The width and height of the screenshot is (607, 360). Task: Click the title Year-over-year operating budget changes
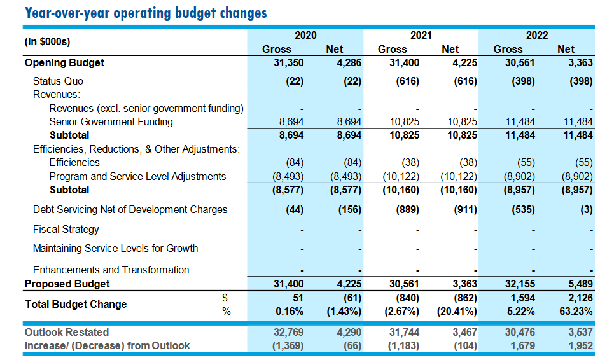pos(145,13)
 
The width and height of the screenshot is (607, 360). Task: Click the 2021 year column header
pos(421,36)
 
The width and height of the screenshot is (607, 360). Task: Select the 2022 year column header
pos(536,36)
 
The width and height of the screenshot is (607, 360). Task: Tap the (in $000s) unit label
pos(47,42)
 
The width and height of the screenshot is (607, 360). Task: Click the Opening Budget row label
pos(64,62)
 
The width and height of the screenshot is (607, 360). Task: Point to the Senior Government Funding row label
pos(111,121)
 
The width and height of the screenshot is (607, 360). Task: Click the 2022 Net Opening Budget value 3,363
pos(579,62)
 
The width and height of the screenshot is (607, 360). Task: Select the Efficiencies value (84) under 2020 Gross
pos(293,162)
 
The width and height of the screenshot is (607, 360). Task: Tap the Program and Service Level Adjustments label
pos(137,176)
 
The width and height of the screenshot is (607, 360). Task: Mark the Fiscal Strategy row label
pos(66,229)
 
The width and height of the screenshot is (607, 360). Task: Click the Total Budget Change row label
pos(76,304)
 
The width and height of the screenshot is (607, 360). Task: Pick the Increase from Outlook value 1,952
pos(579,345)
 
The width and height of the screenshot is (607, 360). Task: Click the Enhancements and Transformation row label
pos(111,270)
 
